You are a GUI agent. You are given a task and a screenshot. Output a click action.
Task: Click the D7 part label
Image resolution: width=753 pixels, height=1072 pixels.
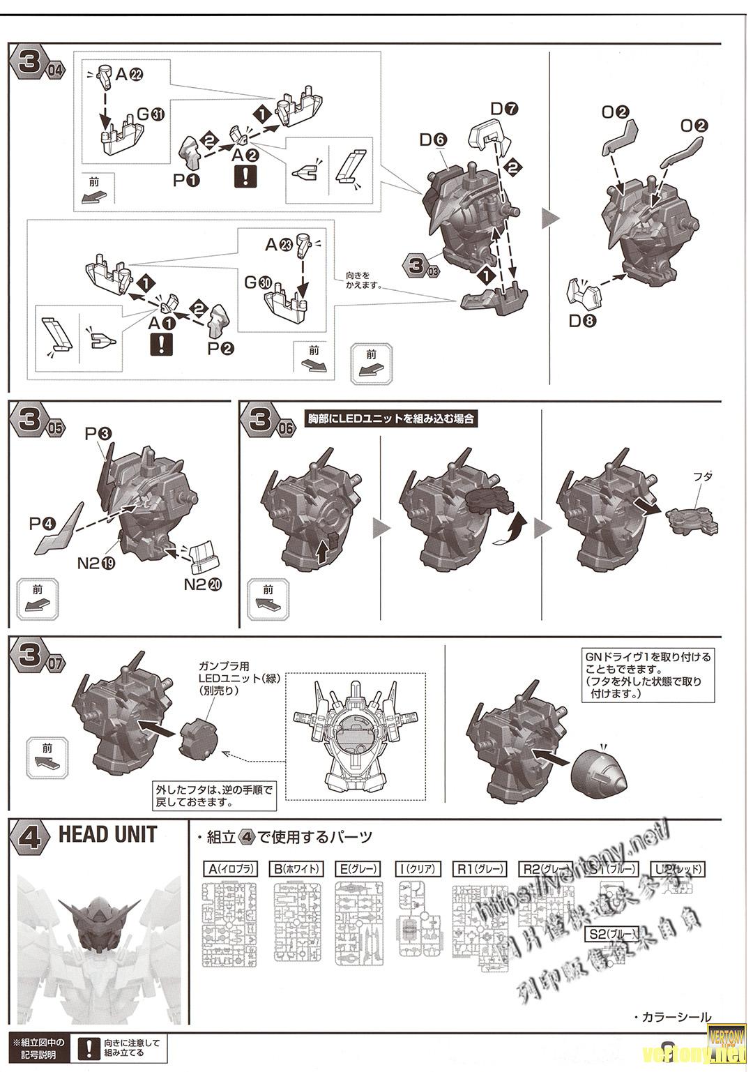[505, 108]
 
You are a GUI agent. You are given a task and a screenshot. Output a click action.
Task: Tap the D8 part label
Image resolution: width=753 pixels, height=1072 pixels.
[582, 322]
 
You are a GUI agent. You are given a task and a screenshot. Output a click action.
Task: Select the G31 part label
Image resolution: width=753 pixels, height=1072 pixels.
[151, 114]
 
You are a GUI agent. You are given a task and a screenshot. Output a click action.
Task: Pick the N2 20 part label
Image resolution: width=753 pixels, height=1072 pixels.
[203, 584]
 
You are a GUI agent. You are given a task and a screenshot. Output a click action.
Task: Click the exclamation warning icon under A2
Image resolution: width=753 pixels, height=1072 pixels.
[244, 176]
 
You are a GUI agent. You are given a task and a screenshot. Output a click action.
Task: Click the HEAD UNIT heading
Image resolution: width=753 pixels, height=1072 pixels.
[107, 834]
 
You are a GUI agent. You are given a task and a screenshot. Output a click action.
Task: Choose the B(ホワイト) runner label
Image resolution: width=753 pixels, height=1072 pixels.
[298, 869]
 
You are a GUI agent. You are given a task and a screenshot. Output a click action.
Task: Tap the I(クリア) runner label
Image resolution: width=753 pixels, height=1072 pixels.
[418, 869]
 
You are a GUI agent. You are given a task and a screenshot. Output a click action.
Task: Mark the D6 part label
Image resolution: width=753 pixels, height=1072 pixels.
[432, 139]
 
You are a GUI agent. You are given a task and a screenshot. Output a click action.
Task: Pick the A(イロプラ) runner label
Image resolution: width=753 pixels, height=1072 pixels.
[229, 869]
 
